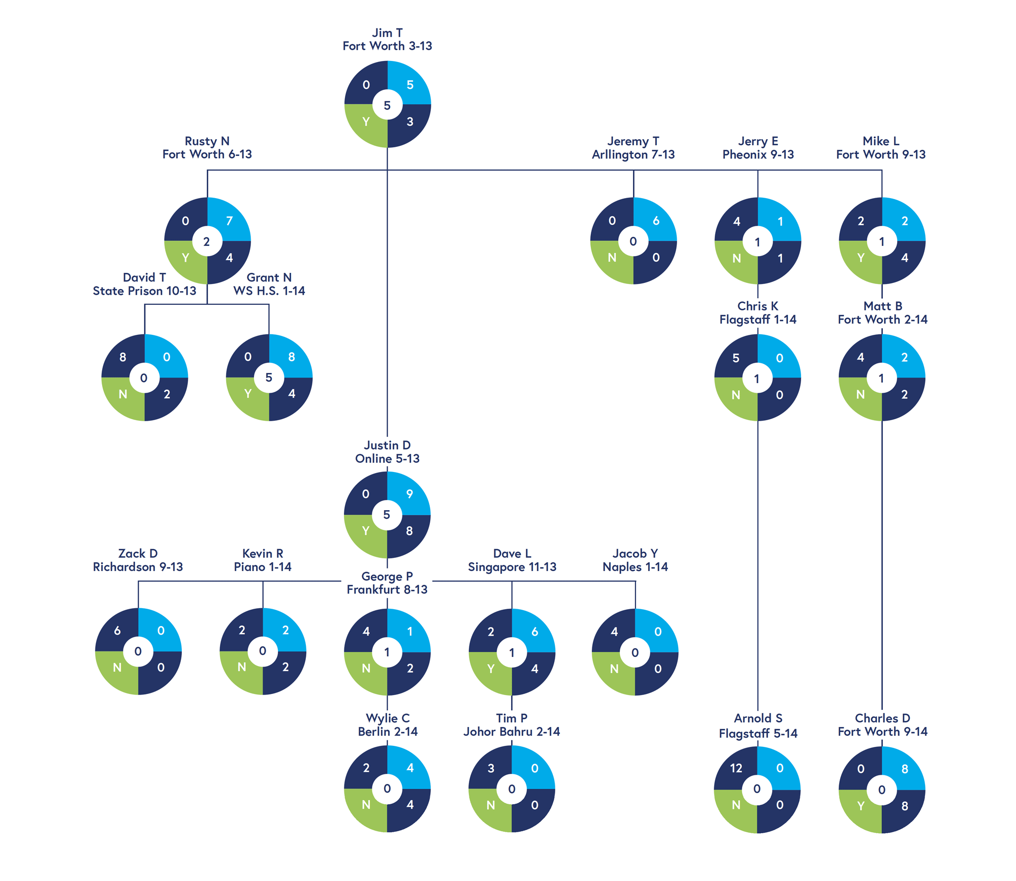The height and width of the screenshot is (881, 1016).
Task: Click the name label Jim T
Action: point(387,33)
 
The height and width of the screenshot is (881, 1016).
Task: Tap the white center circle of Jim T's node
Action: point(387,105)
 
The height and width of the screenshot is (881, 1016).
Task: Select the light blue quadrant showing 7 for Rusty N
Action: point(229,221)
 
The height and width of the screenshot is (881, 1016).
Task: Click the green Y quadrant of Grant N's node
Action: point(248,394)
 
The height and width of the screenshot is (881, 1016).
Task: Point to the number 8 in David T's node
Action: point(122,357)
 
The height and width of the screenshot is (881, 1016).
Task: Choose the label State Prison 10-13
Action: point(144,291)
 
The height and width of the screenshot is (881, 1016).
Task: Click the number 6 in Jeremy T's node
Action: point(656,221)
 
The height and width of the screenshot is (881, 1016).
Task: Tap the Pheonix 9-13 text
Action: point(758,154)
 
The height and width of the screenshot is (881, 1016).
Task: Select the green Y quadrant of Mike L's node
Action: point(861,258)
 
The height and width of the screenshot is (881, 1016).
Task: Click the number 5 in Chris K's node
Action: point(736,358)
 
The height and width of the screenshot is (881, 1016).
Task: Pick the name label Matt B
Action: point(882,306)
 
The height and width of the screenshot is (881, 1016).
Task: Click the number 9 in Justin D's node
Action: point(409,494)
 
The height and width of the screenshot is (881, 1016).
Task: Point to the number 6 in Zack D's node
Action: point(117,631)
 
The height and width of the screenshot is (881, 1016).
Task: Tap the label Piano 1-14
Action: point(263,567)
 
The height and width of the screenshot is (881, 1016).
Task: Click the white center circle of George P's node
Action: point(387,652)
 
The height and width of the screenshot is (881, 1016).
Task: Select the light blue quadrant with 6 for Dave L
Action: point(534,632)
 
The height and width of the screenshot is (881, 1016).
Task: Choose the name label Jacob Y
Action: point(635,553)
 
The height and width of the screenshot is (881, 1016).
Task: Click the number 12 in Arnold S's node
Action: point(736,768)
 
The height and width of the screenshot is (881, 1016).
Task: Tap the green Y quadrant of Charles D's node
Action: point(861,806)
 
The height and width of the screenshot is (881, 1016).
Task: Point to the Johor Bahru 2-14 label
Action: point(512,732)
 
